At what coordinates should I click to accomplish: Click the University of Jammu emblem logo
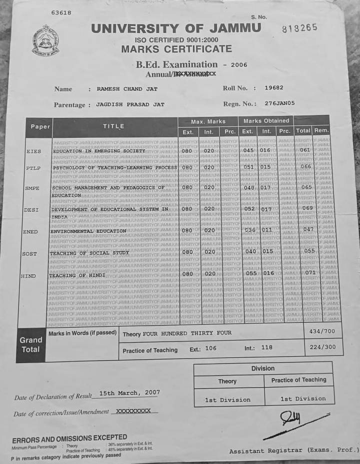click(x=45, y=40)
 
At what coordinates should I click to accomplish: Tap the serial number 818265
click(x=299, y=28)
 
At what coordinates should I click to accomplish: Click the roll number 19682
click(x=274, y=87)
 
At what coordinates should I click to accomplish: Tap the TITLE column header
click(x=113, y=126)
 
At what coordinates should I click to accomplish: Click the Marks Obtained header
click(x=266, y=120)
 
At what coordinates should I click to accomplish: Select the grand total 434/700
click(x=322, y=332)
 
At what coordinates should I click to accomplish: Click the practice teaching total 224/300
click(x=322, y=347)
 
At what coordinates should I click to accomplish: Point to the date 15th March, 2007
click(x=129, y=393)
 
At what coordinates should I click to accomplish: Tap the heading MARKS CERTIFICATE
click(x=176, y=49)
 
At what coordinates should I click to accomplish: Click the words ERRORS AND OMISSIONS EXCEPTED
click(x=69, y=438)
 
